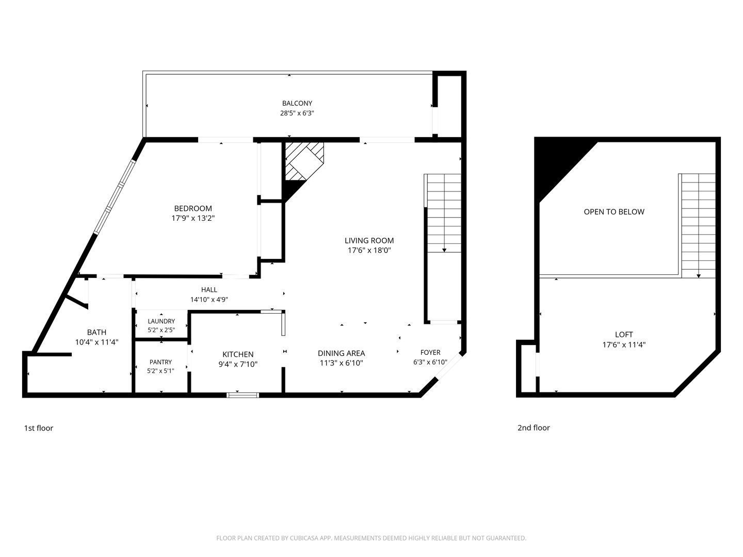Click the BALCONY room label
[x=297, y=103]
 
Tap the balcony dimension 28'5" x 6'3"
[x=297, y=113]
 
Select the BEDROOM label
[x=193, y=208]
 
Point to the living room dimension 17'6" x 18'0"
[x=369, y=250]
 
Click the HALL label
[x=209, y=289]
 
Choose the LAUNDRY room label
[x=161, y=321]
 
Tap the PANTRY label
[x=161, y=362]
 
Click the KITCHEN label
[x=238, y=354]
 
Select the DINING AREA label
[x=341, y=353]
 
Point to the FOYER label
[x=430, y=352]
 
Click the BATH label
[x=97, y=332]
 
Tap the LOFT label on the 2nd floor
[x=624, y=335]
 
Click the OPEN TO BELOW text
[x=614, y=211]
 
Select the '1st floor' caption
[x=39, y=428]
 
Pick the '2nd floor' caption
[x=534, y=428]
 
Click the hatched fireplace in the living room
[x=304, y=161]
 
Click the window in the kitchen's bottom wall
[x=243, y=395]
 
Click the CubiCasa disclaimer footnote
[x=372, y=538]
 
